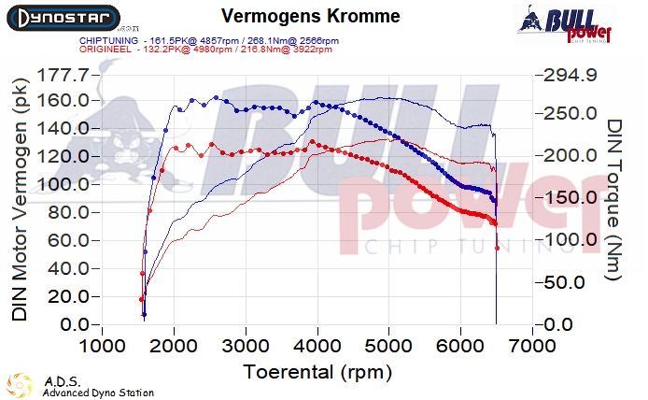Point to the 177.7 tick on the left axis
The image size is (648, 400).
pos(66,74)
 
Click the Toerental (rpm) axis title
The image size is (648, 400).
pos(315,372)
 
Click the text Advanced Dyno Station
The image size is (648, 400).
pos(98,393)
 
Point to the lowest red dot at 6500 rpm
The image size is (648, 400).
pos(497,249)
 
